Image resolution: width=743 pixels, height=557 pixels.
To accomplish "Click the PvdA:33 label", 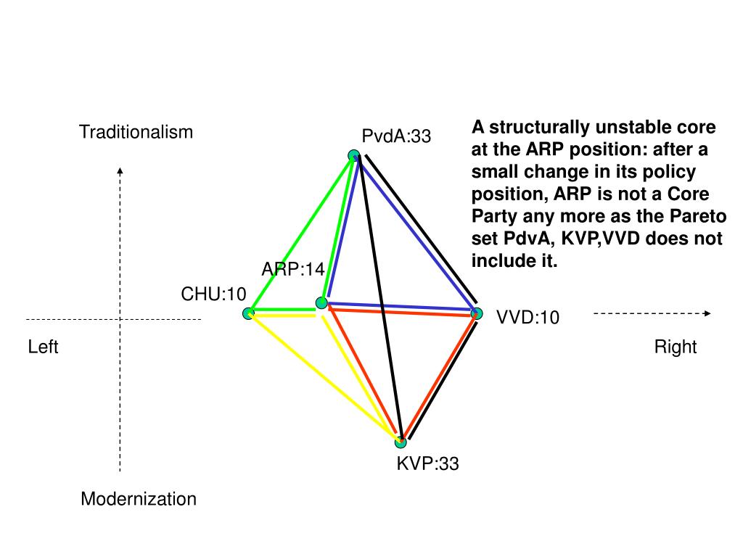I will tap(396, 136).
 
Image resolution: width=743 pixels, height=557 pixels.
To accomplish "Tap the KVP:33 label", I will tap(427, 463).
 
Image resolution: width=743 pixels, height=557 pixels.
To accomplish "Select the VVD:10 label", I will tap(528, 317).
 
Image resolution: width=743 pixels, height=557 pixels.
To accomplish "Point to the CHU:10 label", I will tap(214, 294).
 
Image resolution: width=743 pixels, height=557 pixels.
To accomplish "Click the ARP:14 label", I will tap(293, 270).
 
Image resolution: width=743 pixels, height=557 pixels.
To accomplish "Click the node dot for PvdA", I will tap(353, 154).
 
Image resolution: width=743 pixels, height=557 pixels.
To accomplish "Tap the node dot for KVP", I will tap(401, 442).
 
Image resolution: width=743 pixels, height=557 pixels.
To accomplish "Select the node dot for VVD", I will tap(477, 313).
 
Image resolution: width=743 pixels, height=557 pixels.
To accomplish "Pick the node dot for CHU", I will tap(248, 313).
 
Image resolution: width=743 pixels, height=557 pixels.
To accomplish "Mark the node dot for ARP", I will tap(321, 302).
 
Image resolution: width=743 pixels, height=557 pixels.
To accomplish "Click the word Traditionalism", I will tap(136, 132).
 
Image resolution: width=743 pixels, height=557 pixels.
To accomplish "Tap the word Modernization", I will tap(139, 499).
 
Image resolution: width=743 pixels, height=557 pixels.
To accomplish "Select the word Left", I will tap(43, 347).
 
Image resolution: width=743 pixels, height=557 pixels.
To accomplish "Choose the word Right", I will tap(676, 347).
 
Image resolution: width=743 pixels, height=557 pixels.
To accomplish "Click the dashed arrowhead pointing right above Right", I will tap(707, 313).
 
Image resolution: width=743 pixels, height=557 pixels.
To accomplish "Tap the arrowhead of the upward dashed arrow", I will tap(120, 171).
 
